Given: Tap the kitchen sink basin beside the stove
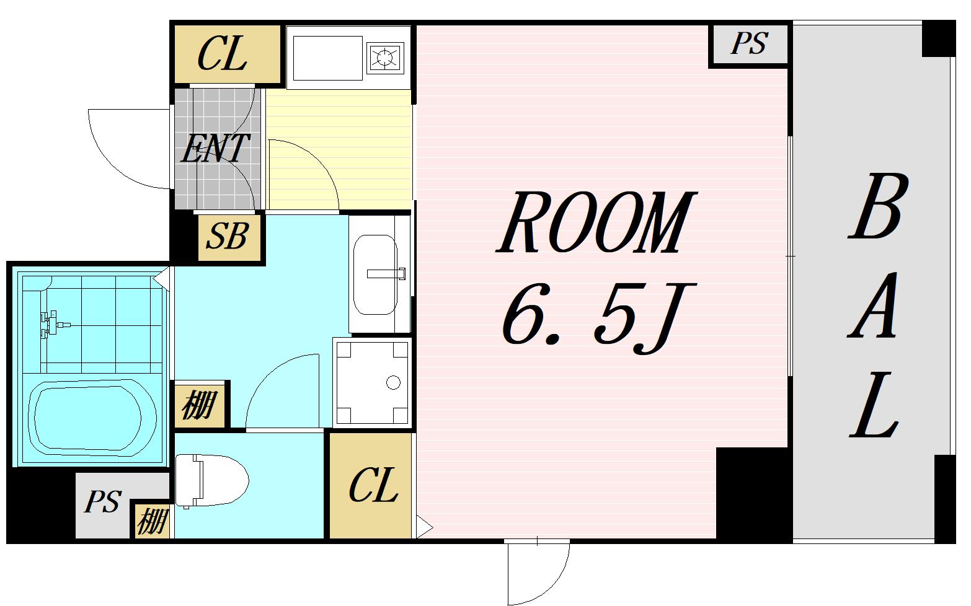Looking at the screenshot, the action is [x=328, y=58].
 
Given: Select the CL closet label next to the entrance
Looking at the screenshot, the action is [x=223, y=54].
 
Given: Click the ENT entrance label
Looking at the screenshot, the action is [x=215, y=149].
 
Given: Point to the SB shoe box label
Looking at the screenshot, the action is [x=227, y=237].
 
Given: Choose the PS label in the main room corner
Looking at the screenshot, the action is [x=750, y=43].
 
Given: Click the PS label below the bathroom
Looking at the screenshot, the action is [x=103, y=502].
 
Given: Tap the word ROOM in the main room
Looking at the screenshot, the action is [x=596, y=222].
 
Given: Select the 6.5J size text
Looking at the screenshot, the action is [x=598, y=317].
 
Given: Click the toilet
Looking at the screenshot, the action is [x=211, y=480].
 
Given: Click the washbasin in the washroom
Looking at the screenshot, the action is [x=375, y=275].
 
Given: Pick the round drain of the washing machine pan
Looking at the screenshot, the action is [x=393, y=383].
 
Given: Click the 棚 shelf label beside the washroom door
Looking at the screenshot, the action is [x=200, y=406].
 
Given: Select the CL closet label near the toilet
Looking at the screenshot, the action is [x=374, y=486].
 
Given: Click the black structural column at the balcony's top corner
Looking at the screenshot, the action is [x=939, y=38].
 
